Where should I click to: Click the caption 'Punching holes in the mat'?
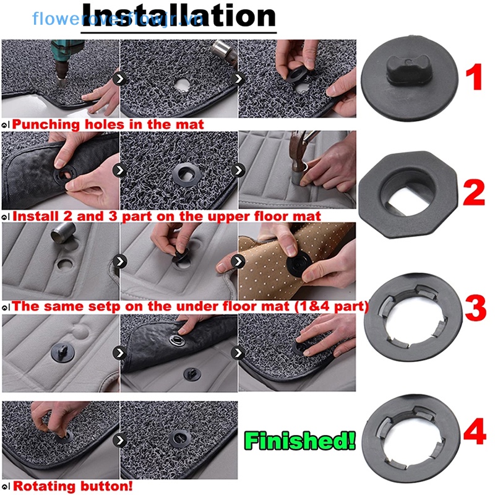[x=108, y=124]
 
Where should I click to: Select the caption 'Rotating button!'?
[x=72, y=486]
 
